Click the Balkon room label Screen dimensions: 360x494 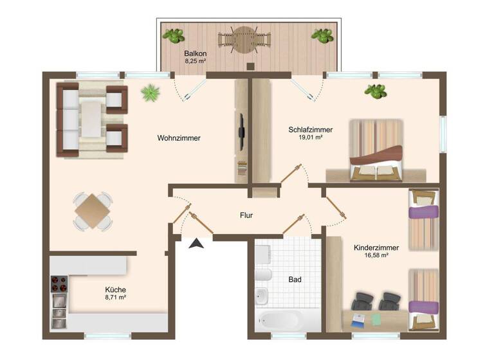click(x=194, y=53)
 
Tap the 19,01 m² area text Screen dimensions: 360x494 click(x=310, y=138)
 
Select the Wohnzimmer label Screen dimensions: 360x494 click(x=179, y=138)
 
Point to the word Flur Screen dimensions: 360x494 click(x=246, y=215)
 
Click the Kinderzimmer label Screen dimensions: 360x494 click(x=376, y=247)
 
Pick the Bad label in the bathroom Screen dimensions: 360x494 click(x=295, y=280)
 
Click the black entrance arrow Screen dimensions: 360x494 click(x=196, y=242)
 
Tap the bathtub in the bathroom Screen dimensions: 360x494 click(x=279, y=319)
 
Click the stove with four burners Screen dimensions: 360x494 click(x=59, y=283)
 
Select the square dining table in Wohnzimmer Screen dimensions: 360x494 click(x=93, y=210)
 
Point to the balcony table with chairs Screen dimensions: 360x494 click(x=245, y=40)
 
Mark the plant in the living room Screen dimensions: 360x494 click(x=151, y=93)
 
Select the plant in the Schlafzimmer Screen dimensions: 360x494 click(x=375, y=91)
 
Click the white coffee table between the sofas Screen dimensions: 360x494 click(x=92, y=118)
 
